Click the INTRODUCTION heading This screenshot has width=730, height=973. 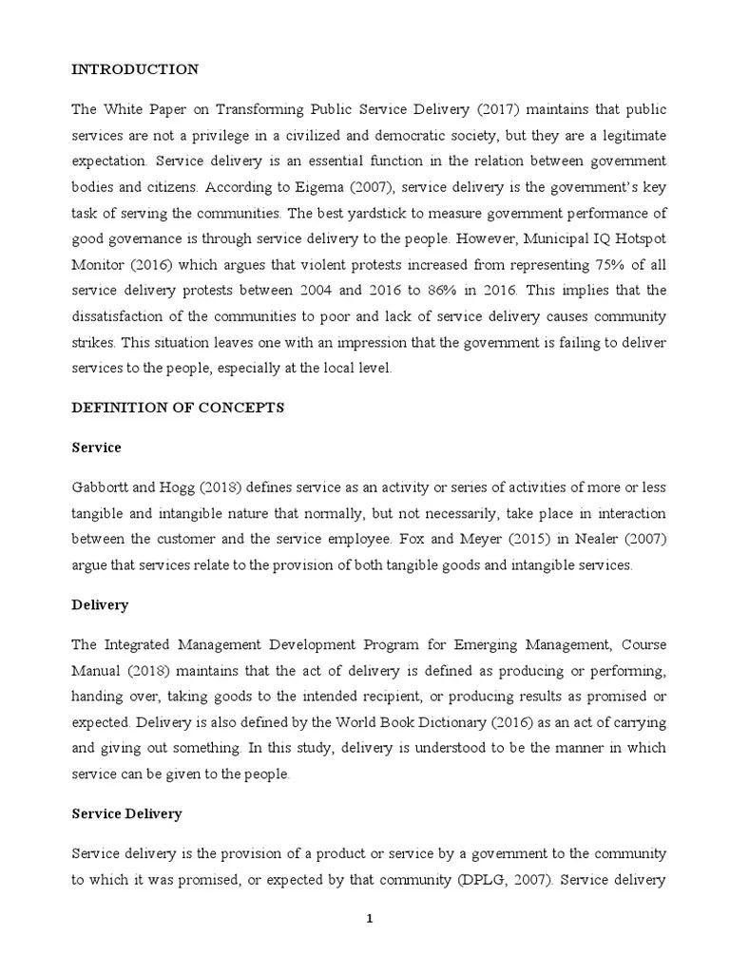136,69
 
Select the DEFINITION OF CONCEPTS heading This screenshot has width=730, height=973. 179,407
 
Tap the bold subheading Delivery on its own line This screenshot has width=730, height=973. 101,604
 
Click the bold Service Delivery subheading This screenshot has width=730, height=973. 127,814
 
